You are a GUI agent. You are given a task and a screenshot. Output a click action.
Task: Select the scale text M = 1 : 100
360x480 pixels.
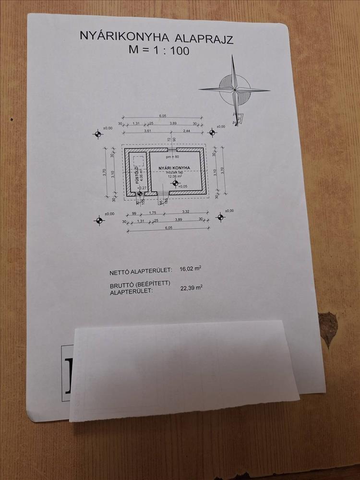pyautogui.click(x=159, y=50)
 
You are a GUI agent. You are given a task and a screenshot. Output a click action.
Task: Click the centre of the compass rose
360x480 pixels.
pyautogui.click(x=235, y=89)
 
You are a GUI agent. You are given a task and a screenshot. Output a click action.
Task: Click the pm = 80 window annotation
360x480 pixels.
pyautogui.click(x=172, y=157)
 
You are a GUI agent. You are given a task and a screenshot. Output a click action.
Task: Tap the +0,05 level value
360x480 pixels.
pyautogui.click(x=183, y=186)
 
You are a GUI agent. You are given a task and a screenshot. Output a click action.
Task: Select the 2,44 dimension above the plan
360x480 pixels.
pyautogui.click(x=187, y=131)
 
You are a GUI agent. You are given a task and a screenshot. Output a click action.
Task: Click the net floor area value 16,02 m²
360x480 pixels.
pyautogui.click(x=190, y=269)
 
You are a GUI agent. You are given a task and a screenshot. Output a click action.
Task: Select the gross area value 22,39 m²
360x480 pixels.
pyautogui.click(x=192, y=288)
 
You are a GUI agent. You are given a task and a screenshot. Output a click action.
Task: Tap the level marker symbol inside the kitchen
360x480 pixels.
pyautogui.click(x=175, y=183)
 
